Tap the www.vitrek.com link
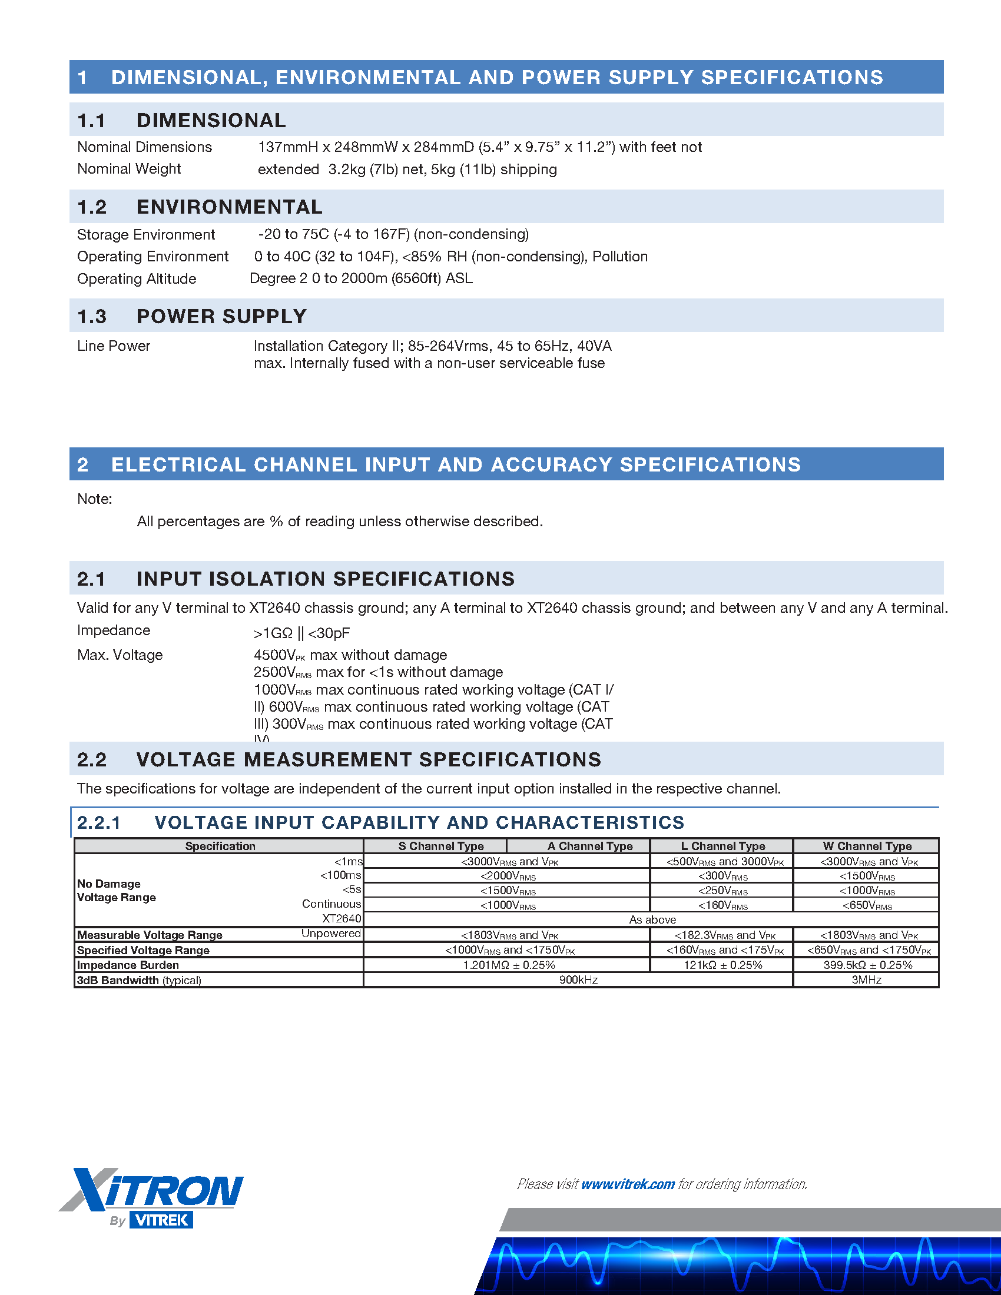[628, 1184]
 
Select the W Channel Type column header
[866, 845]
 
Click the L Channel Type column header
[722, 845]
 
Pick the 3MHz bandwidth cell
[866, 979]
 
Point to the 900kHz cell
[578, 979]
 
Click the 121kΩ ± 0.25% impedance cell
[722, 965]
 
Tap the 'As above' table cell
[652, 919]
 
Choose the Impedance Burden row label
[128, 965]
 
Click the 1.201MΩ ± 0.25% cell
[509, 965]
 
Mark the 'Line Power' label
[113, 346]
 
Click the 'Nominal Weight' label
[129, 169]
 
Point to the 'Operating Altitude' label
[137, 278]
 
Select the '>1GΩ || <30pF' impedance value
[301, 633]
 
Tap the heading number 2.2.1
[99, 822]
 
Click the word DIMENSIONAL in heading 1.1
[211, 120]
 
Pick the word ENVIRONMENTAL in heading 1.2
[230, 207]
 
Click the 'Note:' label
[94, 499]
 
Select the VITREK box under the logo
[161, 1220]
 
